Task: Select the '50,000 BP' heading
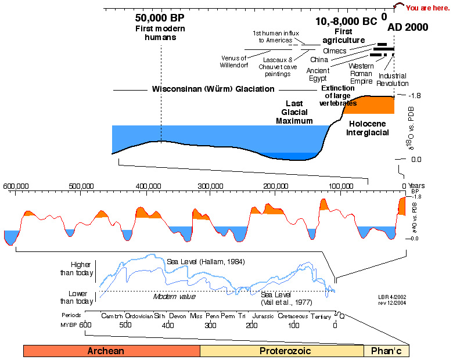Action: pos(160,18)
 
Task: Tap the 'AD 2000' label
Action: pos(408,27)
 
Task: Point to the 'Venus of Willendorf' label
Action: pos(235,61)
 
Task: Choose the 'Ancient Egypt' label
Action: pos(317,74)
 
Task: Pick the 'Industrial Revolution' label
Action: pos(393,80)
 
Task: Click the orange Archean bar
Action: pos(112,351)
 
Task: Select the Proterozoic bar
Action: pos(282,351)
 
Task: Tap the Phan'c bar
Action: pos(386,351)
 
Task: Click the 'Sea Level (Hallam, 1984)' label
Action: pos(206,262)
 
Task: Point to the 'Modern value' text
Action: pos(174,296)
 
